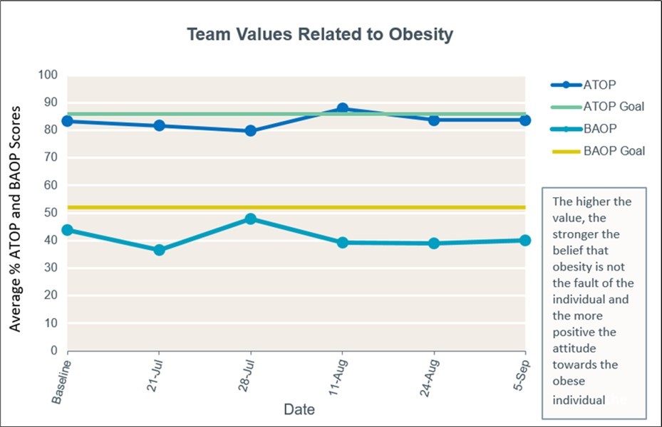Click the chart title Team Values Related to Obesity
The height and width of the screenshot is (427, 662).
pyautogui.click(x=320, y=35)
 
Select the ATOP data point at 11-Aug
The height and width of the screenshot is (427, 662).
pyautogui.click(x=343, y=109)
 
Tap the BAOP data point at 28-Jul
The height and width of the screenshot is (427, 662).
pyautogui.click(x=251, y=218)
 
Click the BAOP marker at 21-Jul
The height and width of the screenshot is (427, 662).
pyautogui.click(x=159, y=250)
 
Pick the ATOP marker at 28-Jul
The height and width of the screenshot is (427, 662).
pyautogui.click(x=251, y=131)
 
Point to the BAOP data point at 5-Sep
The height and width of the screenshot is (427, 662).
pyautogui.click(x=525, y=241)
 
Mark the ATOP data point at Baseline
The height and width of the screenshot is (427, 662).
pyautogui.click(x=68, y=121)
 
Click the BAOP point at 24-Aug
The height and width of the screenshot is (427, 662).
pyautogui.click(x=434, y=243)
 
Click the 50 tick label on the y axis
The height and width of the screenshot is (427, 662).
pyautogui.click(x=51, y=213)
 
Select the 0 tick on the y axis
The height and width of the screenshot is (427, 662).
pyautogui.click(x=53, y=351)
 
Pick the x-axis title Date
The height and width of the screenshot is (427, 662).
pyautogui.click(x=299, y=410)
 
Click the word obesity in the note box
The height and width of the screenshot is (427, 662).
pyautogui.click(x=572, y=266)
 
